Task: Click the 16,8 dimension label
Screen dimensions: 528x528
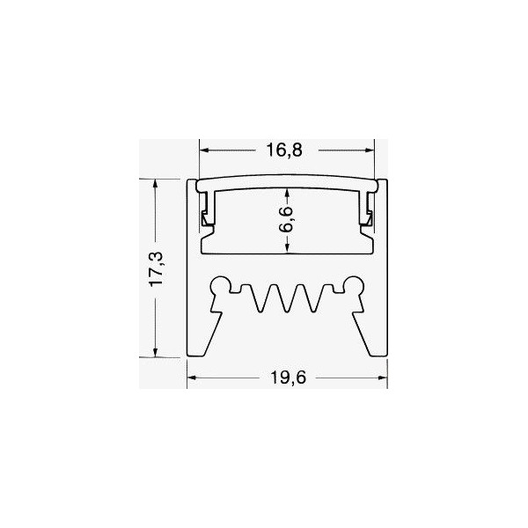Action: point(284,150)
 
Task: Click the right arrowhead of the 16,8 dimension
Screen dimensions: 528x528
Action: point(370,150)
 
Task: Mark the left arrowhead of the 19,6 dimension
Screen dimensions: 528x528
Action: point(191,381)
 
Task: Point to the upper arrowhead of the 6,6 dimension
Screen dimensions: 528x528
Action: point(286,196)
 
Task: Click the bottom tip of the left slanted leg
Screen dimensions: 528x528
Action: point(197,356)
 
